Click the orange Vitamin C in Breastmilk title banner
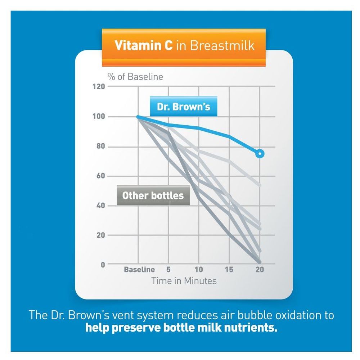point(184,46)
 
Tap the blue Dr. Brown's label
point(184,107)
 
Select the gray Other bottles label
point(153,195)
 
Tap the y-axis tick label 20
point(100,235)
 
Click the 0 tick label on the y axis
point(103,265)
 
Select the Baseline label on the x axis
point(139,270)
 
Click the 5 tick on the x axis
point(168,270)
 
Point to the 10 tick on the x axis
point(199,270)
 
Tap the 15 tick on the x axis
point(229,270)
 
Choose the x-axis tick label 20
point(259,270)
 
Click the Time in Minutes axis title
point(184,281)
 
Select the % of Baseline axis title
point(135,77)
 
